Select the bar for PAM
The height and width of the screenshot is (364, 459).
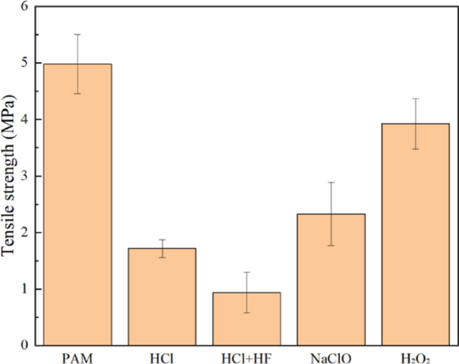(x=78, y=205)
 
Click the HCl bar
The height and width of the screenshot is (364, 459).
(x=162, y=297)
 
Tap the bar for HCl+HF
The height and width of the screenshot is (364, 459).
(x=247, y=319)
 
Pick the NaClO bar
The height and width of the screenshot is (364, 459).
(x=331, y=280)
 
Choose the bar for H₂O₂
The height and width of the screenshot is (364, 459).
(x=415, y=234)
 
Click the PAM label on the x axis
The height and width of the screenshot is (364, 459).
(x=78, y=358)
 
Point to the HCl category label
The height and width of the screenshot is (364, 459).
(x=162, y=358)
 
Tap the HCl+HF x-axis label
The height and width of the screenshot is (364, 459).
(x=247, y=358)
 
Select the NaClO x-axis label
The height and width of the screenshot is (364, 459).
(x=331, y=358)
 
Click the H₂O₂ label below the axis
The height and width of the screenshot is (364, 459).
(x=415, y=359)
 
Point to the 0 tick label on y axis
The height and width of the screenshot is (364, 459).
(x=25, y=345)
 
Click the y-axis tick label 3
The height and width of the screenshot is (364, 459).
(x=25, y=176)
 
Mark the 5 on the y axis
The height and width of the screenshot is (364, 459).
(x=25, y=63)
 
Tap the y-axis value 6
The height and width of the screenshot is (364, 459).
(x=25, y=7)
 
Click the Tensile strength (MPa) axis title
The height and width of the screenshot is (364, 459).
(x=8, y=176)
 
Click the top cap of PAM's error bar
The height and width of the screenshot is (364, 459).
(x=78, y=35)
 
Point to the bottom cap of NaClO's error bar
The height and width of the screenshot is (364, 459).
(x=331, y=246)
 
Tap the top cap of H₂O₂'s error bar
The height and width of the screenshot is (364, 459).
(x=415, y=98)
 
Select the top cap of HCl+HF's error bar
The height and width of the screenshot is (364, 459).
(x=247, y=272)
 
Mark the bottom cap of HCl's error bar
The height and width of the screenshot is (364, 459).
(x=162, y=258)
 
